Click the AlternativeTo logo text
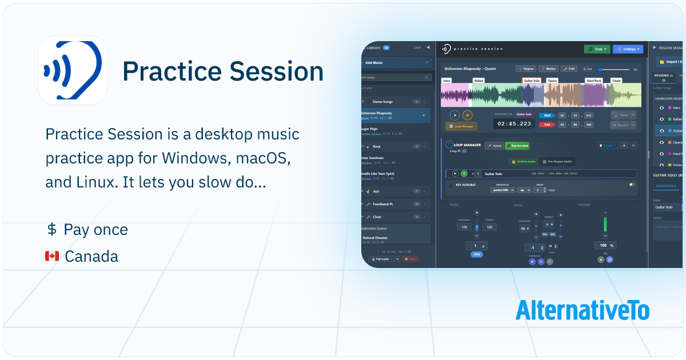point(582,310)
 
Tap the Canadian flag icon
point(52,257)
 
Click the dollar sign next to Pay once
point(52,230)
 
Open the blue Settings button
point(628,49)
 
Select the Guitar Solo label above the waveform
point(532,81)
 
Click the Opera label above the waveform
point(552,81)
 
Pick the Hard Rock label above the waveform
point(594,81)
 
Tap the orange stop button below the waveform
point(467,115)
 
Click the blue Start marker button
point(548,115)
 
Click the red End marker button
point(548,125)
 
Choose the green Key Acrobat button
point(517,146)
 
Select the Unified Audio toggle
point(523,162)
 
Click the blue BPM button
point(476,254)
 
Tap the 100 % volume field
point(605,245)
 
